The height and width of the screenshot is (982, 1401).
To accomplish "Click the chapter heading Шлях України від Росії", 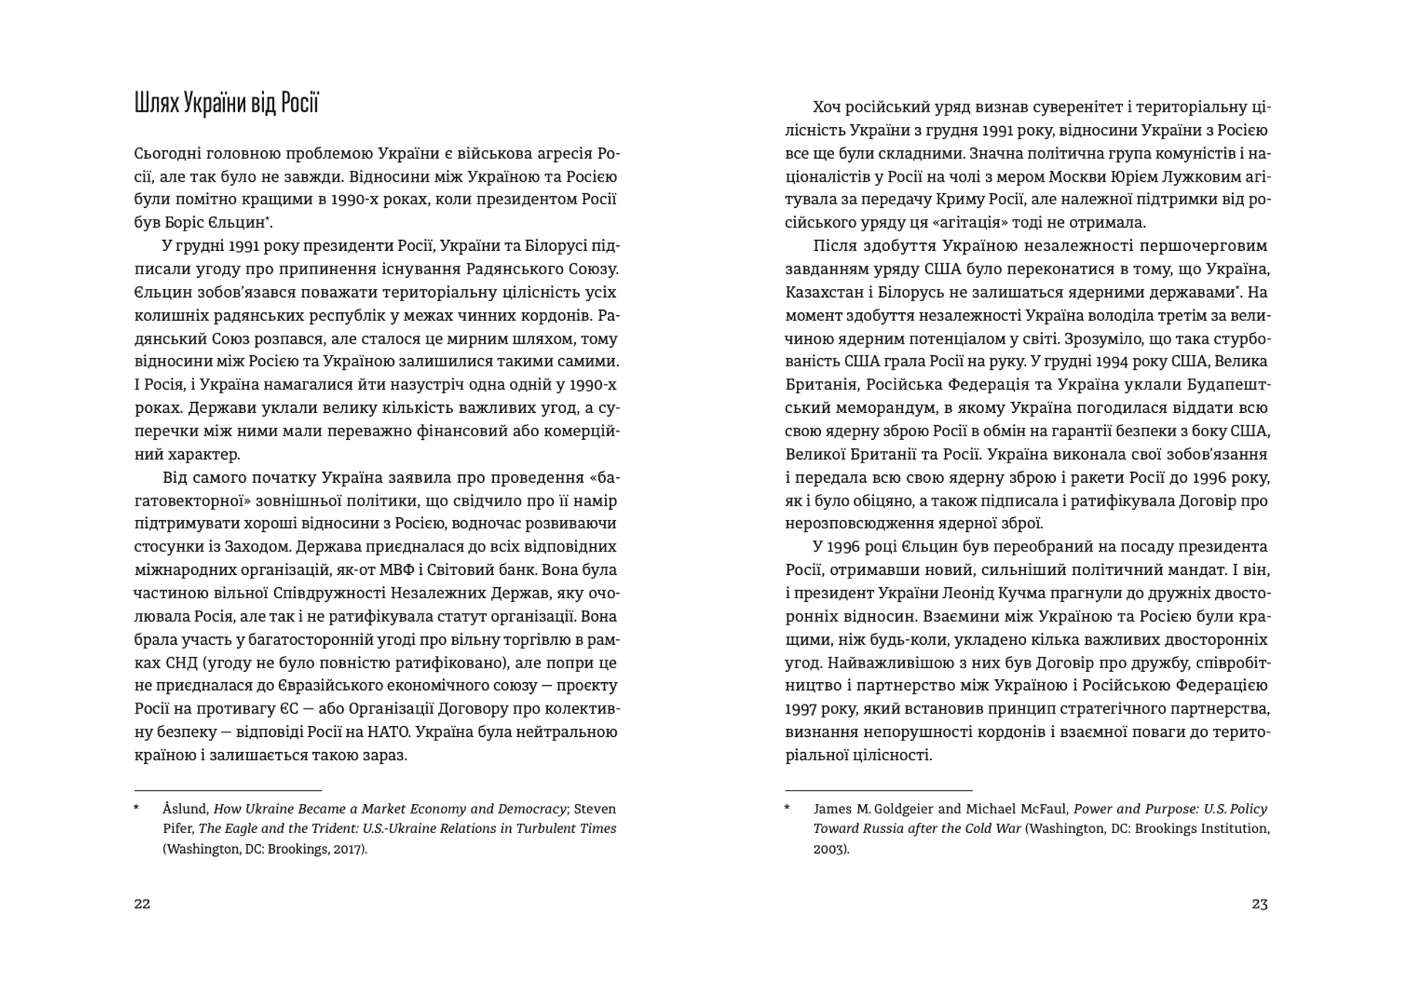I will [226, 104].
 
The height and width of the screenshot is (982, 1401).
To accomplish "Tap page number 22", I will [142, 904].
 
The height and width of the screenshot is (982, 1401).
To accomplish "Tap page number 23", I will [1259, 904].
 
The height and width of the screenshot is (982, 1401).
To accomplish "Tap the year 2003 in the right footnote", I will [830, 850].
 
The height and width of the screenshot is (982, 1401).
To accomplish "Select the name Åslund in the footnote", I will [185, 809].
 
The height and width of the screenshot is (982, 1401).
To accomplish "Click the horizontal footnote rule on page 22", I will [228, 790].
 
